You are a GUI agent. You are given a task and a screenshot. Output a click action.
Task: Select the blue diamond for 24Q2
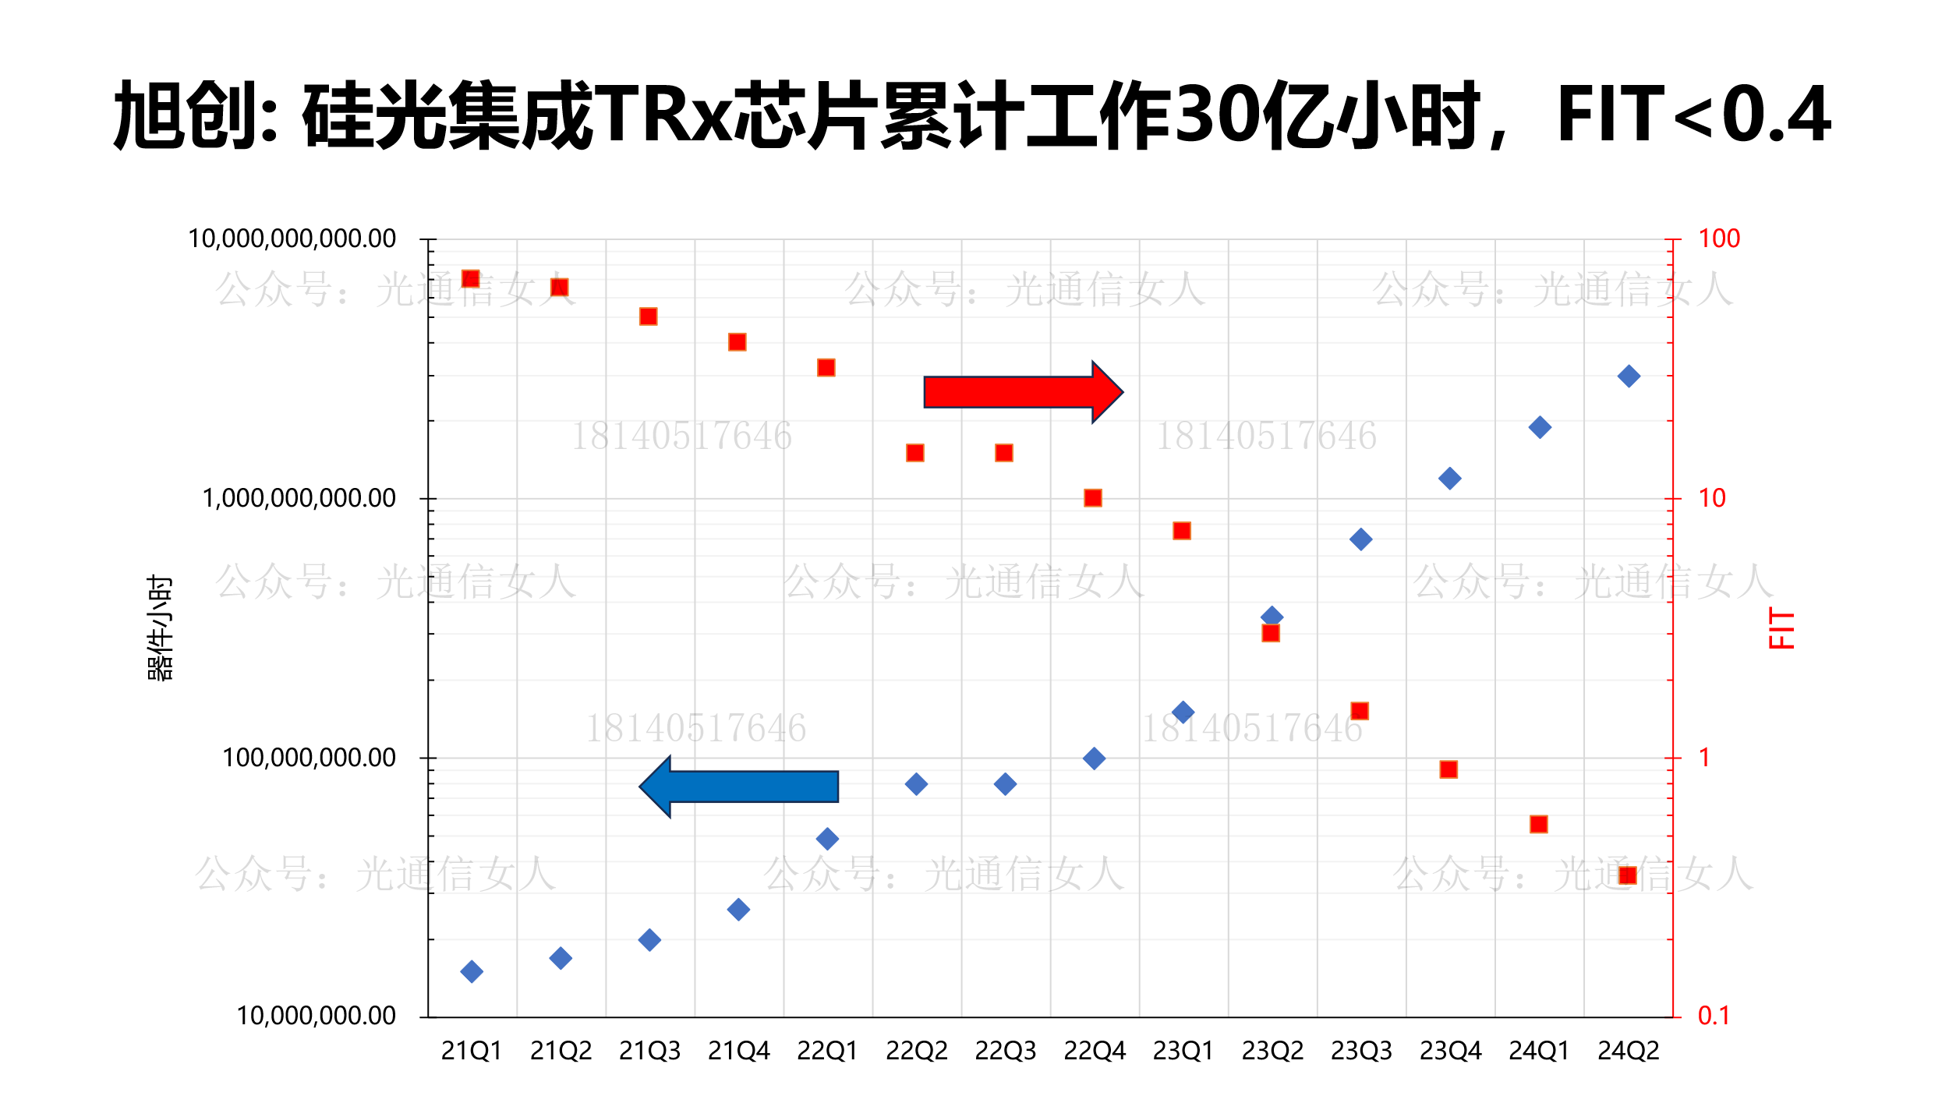pos(1629,377)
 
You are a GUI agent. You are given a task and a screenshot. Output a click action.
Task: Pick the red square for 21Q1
pos(470,279)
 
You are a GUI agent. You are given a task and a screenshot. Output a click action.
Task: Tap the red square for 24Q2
pos(1627,875)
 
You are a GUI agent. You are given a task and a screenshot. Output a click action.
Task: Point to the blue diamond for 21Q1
pos(472,971)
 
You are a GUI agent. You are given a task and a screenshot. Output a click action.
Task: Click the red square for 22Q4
pos(1093,498)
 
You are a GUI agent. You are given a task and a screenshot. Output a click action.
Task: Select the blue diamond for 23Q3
pos(1361,539)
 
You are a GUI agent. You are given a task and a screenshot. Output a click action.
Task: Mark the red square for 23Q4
pos(1448,769)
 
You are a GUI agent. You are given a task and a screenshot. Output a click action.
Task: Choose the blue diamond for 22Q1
pos(827,839)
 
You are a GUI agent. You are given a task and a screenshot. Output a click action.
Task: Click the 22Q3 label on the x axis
pos(1005,1052)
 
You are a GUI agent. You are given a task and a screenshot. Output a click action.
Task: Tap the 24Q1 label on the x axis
pos(1539,1052)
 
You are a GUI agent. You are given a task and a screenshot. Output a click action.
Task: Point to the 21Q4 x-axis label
pos(738,1052)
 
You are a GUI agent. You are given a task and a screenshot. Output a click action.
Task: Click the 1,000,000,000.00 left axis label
pos(299,498)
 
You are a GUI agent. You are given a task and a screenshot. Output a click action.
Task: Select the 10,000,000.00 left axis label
pos(316,1016)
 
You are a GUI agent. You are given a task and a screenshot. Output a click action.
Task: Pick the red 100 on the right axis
pos(1718,239)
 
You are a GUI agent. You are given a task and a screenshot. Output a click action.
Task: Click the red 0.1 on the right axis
pos(1714,1016)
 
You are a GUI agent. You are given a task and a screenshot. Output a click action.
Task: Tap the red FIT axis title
pos(1782,628)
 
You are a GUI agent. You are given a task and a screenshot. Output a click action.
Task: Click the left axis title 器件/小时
pos(160,628)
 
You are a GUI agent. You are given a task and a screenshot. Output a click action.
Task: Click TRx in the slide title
pos(663,115)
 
